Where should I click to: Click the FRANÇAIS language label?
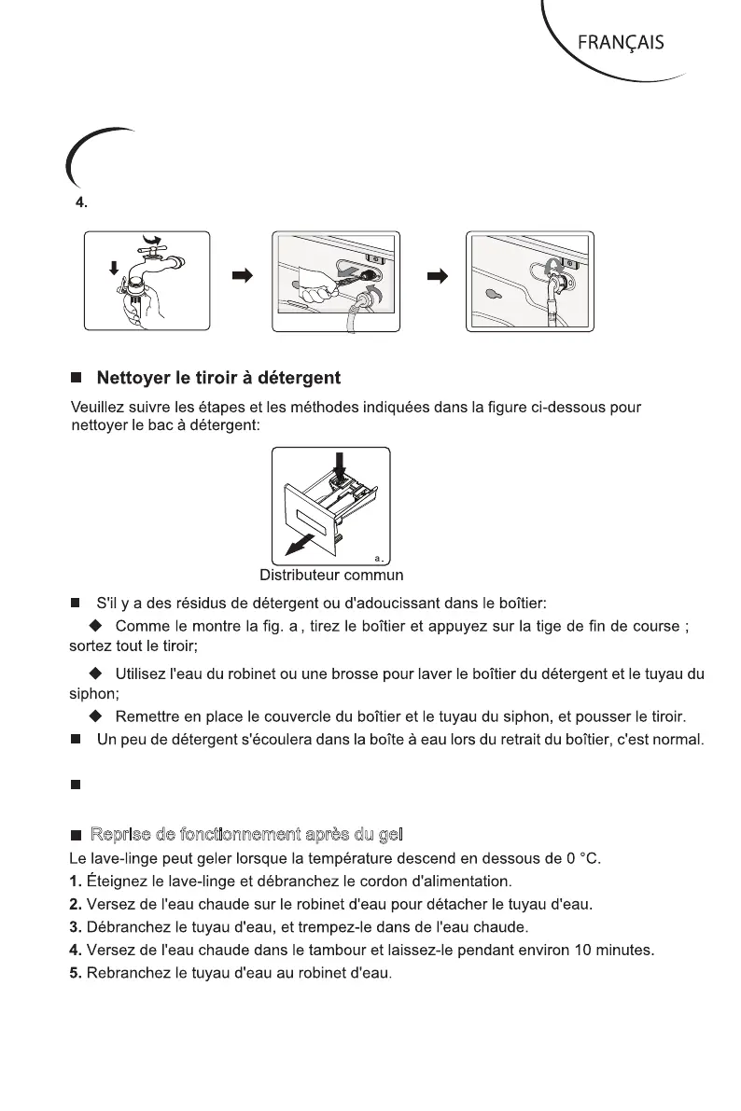click(621, 43)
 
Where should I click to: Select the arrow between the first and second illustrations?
click(242, 276)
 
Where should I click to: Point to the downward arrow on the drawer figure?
click(339, 463)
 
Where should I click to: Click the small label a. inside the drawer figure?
click(379, 557)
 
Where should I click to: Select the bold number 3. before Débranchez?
click(77, 929)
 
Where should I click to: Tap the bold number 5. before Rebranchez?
click(77, 976)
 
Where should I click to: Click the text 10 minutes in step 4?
click(618, 952)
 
